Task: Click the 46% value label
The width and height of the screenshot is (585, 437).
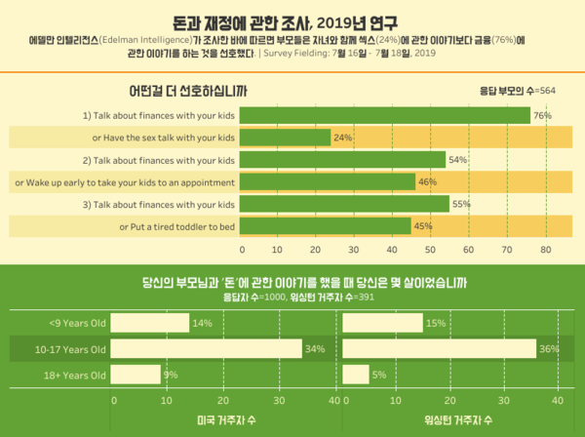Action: [425, 182]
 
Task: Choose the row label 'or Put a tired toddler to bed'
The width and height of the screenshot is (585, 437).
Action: [177, 226]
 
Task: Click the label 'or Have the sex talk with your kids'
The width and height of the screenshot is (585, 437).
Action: [164, 138]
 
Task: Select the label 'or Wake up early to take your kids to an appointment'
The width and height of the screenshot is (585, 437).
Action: [124, 182]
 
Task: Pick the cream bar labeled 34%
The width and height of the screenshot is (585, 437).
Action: [207, 348]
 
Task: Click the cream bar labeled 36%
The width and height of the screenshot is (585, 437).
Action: [440, 348]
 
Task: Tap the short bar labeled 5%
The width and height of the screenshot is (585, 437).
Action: [357, 374]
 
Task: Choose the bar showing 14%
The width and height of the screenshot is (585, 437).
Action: [151, 323]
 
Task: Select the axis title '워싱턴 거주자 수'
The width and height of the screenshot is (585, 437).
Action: [455, 420]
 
